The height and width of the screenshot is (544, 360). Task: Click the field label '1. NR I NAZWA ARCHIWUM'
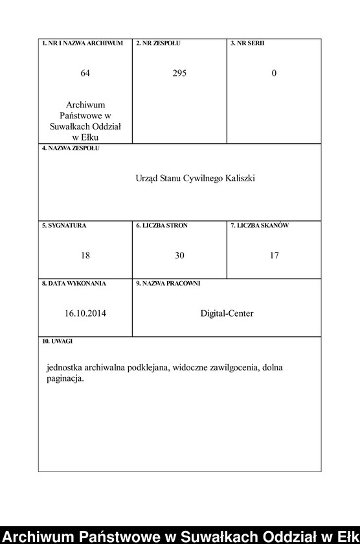(x=82, y=43)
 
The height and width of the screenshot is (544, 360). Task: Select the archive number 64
(x=85, y=73)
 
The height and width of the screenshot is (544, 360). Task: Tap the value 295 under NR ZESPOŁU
(x=179, y=73)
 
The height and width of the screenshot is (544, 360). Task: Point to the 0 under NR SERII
(x=274, y=73)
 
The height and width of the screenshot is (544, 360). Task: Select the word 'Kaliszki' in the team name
(x=240, y=178)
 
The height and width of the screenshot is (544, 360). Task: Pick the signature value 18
(x=85, y=256)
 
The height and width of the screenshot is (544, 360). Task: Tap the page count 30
(x=179, y=256)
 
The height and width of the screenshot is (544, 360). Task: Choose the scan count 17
(x=274, y=256)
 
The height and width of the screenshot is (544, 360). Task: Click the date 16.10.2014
(x=85, y=313)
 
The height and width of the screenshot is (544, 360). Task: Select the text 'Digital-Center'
(x=227, y=313)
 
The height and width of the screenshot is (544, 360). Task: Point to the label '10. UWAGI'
(x=58, y=341)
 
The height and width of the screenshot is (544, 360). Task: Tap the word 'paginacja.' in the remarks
(x=65, y=379)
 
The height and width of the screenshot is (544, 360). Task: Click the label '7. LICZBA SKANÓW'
(x=260, y=225)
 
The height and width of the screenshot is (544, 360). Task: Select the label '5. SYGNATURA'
(x=64, y=225)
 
